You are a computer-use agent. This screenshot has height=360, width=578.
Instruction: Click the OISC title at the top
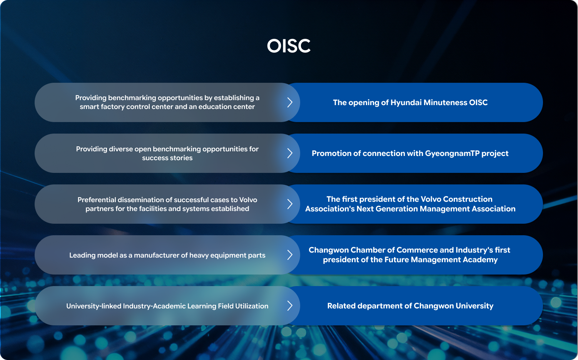(289, 46)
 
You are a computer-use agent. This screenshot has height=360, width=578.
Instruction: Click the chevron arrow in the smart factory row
(290, 102)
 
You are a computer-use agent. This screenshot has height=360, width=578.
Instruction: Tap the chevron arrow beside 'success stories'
(290, 153)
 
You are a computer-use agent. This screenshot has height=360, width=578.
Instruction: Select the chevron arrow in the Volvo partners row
(290, 204)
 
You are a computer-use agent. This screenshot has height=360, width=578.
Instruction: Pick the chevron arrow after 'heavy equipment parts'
(290, 255)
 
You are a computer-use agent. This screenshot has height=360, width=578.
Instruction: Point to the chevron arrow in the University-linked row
(290, 306)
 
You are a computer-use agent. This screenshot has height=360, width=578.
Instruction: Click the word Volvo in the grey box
(248, 200)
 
